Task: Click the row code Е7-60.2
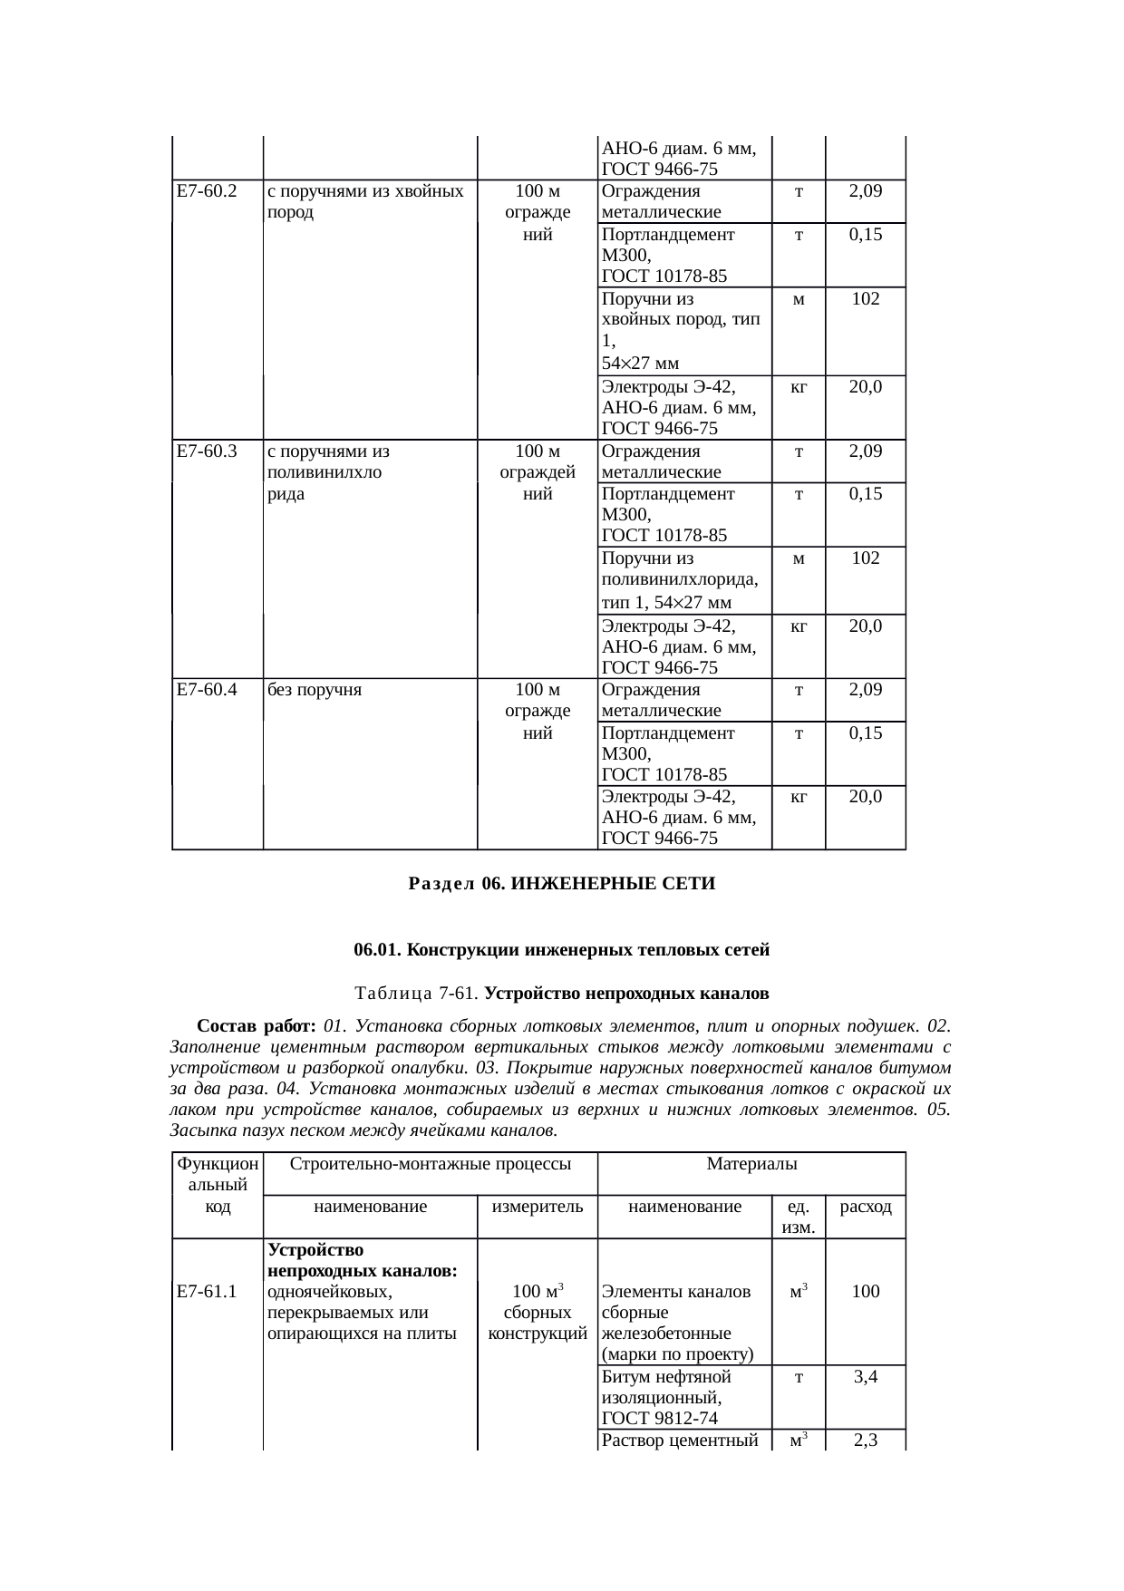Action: click(x=207, y=191)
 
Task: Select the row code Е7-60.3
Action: click(x=207, y=451)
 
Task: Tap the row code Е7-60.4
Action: click(x=207, y=689)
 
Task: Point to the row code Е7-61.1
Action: click(x=207, y=1291)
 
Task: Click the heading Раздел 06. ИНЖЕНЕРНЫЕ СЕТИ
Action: click(x=562, y=883)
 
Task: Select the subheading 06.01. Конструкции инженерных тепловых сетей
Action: click(x=561, y=950)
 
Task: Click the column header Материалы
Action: click(x=751, y=1163)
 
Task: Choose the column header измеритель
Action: click(x=538, y=1207)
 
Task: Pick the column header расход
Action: click(x=866, y=1207)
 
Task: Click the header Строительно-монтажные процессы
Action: click(x=430, y=1163)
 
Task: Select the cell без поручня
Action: click(x=315, y=689)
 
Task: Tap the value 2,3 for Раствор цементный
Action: click(x=866, y=1441)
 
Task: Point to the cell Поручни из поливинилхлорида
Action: click(x=680, y=580)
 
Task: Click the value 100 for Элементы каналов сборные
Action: click(x=866, y=1291)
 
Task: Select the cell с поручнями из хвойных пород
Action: click(x=366, y=201)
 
